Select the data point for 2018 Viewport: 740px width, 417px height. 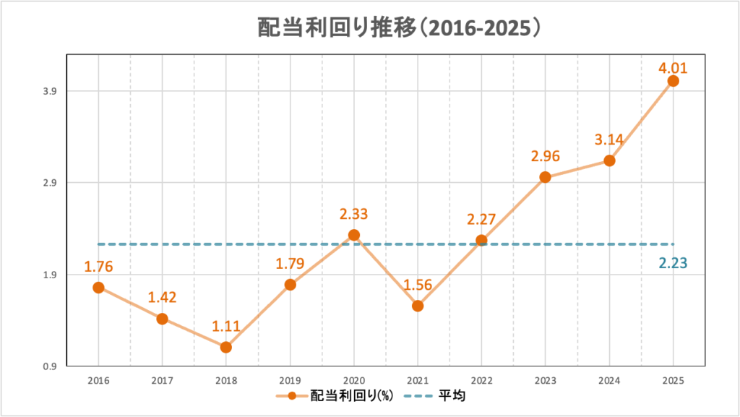226,347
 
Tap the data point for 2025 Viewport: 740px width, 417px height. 673,80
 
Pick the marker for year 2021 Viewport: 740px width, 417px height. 418,306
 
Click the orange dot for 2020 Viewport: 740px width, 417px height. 354,235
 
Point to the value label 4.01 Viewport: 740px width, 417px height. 672,69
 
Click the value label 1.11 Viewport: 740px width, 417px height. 226,326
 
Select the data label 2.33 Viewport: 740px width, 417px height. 354,214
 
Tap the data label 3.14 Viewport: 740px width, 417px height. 608,139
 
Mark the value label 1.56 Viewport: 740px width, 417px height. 418,285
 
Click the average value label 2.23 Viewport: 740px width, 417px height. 672,264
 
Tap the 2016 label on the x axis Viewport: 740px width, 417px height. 98,380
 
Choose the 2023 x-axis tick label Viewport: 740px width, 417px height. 546,380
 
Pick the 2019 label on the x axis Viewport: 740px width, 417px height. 290,380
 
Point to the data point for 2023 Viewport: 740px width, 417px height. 546,177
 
